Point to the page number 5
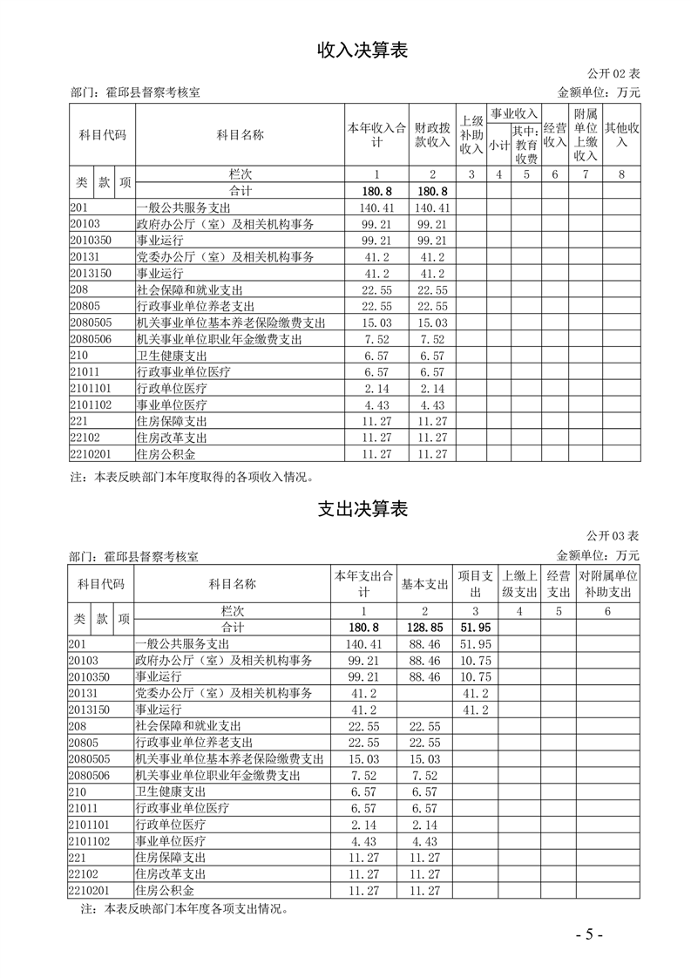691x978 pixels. [589, 934]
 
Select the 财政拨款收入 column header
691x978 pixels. [432, 135]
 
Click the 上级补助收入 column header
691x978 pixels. [471, 135]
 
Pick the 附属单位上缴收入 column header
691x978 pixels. [586, 135]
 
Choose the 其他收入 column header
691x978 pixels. [621, 135]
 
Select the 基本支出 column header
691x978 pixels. [424, 584]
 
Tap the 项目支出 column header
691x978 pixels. [475, 584]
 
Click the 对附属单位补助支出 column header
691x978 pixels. [608, 584]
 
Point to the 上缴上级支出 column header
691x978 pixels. [520, 584]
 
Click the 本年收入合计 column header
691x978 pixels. [377, 135]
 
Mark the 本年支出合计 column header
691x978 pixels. [363, 584]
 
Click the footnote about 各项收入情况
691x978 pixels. [190, 477]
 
